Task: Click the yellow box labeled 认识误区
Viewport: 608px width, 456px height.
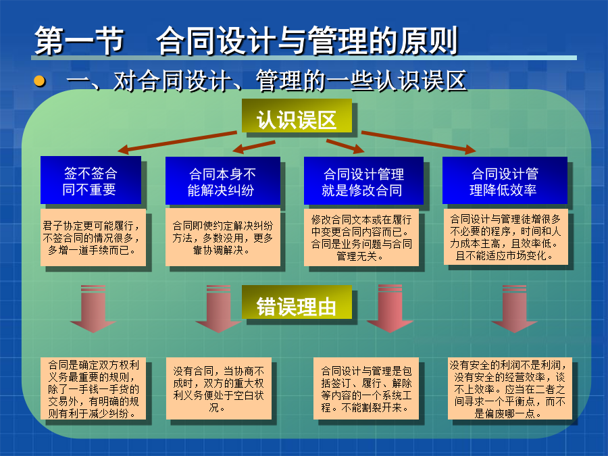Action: (x=297, y=116)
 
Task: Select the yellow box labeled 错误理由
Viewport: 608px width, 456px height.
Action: (x=297, y=303)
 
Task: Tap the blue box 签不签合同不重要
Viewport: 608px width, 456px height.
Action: (x=91, y=180)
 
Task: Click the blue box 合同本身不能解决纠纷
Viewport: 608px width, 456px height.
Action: (x=222, y=180)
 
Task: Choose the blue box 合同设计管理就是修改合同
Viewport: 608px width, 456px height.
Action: (x=363, y=180)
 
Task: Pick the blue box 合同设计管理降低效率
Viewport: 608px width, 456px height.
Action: (x=505, y=180)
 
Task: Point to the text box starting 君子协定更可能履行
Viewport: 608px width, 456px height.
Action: (x=93, y=238)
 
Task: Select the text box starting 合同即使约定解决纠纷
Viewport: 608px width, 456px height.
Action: (x=222, y=237)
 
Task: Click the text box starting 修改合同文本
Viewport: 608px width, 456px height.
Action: (x=361, y=237)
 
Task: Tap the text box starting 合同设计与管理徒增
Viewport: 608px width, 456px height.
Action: (x=505, y=237)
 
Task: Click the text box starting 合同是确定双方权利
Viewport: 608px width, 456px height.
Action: (x=93, y=388)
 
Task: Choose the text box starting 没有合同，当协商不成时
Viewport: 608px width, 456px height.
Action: (x=219, y=388)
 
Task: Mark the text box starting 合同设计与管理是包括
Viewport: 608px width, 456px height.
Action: (x=366, y=388)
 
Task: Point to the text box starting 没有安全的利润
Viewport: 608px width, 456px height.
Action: (x=510, y=388)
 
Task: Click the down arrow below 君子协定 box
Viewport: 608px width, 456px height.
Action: (x=93, y=309)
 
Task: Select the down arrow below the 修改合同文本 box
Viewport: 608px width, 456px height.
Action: (x=390, y=309)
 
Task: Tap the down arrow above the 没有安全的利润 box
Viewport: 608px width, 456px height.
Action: (x=514, y=309)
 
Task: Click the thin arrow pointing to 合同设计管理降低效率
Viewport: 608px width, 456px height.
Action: (x=419, y=142)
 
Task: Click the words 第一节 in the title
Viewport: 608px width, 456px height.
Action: (x=80, y=41)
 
